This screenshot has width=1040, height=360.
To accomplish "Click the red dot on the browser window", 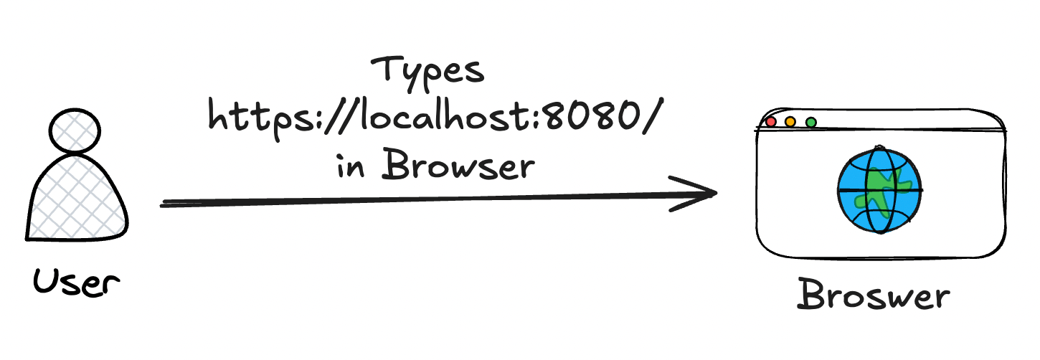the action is click(x=771, y=122).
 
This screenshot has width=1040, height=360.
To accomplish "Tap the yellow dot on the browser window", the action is click(x=790, y=122).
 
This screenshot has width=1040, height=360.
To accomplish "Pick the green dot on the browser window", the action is click(x=810, y=122).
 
